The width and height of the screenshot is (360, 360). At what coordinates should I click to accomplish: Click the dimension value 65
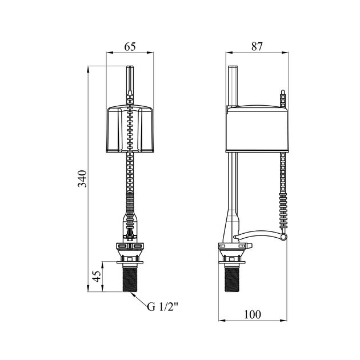130,46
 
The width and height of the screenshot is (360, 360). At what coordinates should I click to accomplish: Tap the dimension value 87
257,46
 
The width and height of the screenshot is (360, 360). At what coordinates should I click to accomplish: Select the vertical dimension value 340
82,179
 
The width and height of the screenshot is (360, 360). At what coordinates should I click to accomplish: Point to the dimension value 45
97,277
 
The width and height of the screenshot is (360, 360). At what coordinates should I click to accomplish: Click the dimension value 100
253,314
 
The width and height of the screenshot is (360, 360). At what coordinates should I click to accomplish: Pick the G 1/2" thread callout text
162,307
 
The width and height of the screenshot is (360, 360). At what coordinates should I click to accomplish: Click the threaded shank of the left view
130,280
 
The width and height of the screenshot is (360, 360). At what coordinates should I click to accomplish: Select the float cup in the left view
130,129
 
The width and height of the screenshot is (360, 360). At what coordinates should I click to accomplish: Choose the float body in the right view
257,129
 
